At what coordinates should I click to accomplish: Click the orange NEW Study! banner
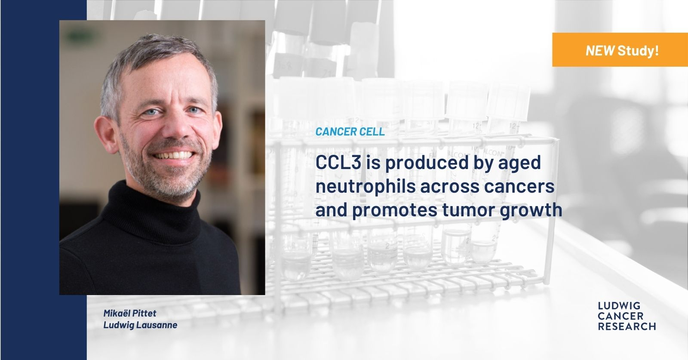[620, 50]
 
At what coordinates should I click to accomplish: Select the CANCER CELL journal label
[350, 132]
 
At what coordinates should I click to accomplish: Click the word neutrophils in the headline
[365, 187]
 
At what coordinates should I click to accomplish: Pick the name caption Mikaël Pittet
[129, 313]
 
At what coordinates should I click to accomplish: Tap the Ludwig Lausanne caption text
[140, 325]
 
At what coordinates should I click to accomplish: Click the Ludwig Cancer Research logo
[627, 316]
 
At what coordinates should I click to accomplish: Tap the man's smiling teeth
[174, 155]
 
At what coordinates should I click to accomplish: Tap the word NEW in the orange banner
[600, 50]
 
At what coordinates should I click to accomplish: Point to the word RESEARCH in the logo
[627, 326]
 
